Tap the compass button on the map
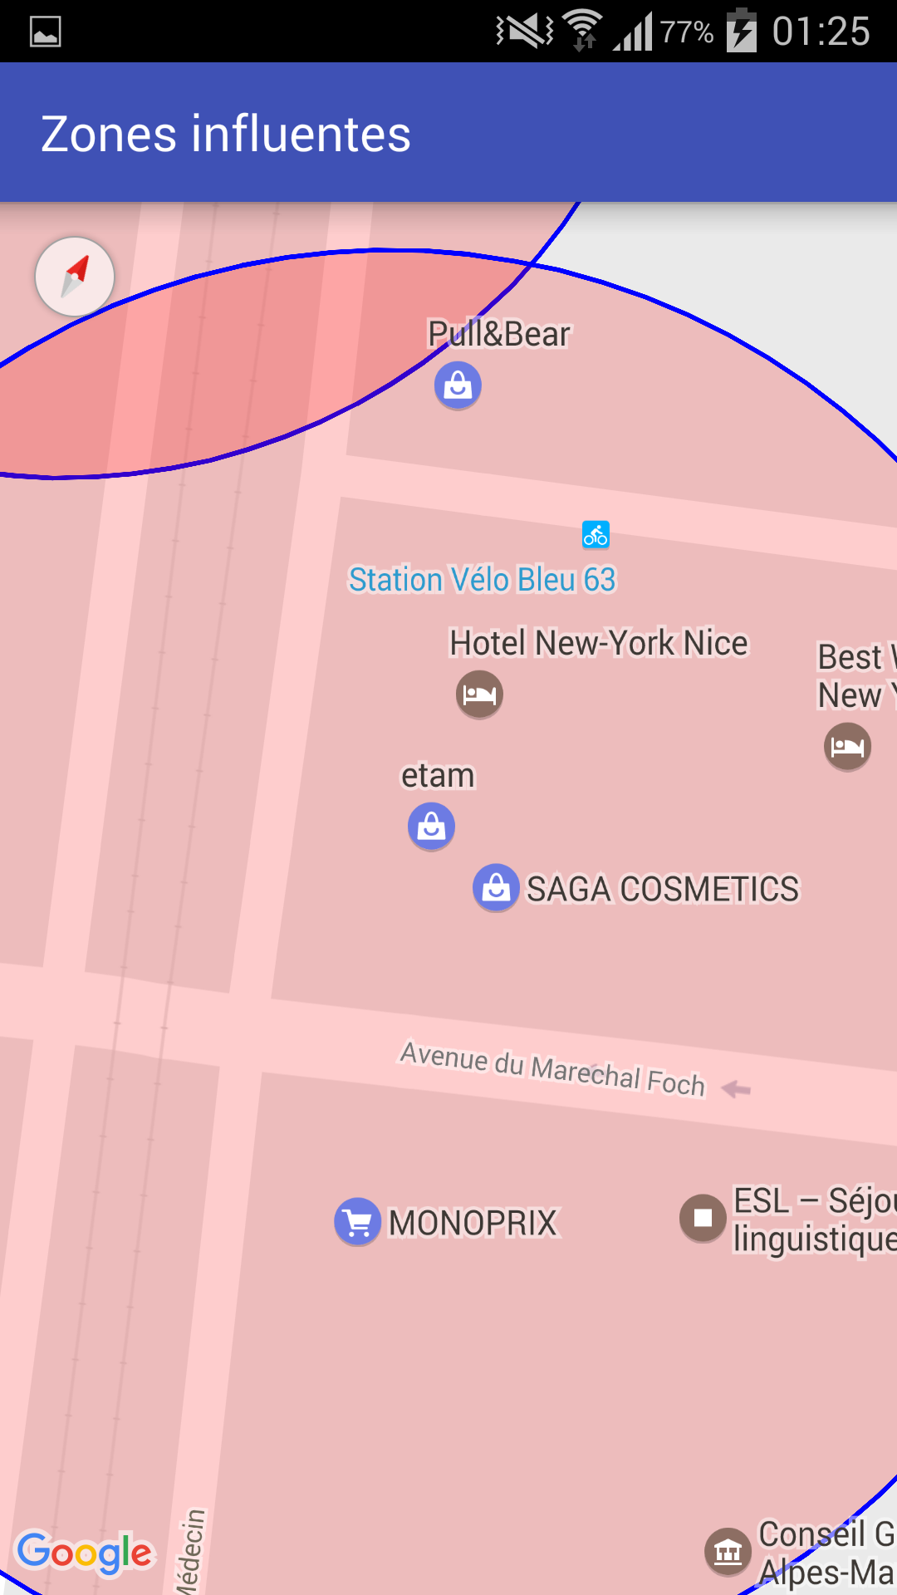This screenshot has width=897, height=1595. point(75,277)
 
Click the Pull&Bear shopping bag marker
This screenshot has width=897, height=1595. point(458,385)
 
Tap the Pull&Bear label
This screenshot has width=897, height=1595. point(499,334)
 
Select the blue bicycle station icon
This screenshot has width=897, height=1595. point(596,534)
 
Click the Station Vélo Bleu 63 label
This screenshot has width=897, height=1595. point(482,580)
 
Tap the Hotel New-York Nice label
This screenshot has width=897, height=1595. point(598,643)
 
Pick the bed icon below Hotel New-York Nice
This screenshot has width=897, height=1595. point(479,694)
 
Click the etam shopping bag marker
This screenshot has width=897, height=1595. point(431,827)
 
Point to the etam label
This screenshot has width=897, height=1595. point(438,776)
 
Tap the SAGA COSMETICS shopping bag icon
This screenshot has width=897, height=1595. point(496,888)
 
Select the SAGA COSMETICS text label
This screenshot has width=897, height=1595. point(663,890)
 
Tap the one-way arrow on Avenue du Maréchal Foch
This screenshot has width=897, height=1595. point(736,1088)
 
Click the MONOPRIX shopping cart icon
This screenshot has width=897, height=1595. point(357,1222)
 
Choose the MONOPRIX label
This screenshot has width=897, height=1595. point(473,1223)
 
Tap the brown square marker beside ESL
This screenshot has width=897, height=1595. point(703,1218)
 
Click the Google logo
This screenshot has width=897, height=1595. point(85,1552)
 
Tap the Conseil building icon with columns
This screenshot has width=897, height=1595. point(728,1551)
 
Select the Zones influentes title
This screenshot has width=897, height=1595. point(226,134)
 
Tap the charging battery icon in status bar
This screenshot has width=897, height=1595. point(741,32)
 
